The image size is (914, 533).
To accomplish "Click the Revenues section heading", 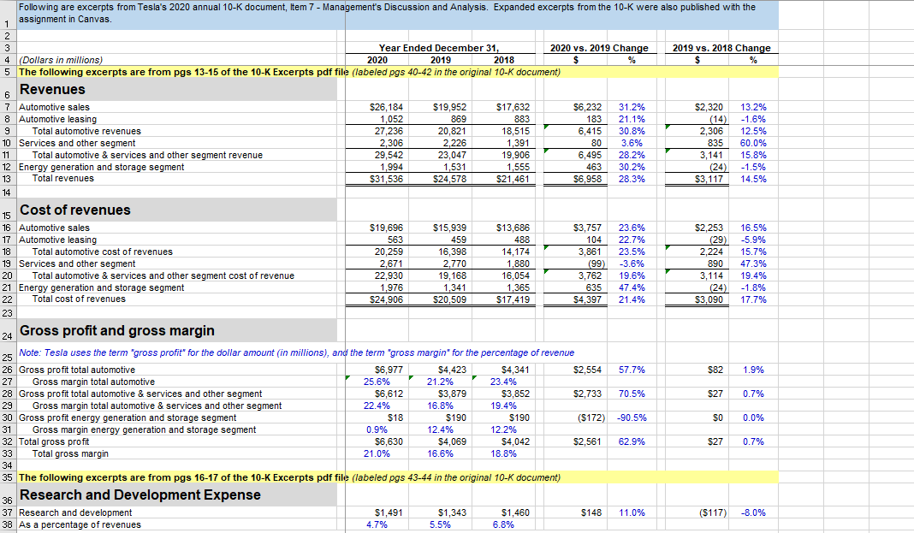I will pos(52,90).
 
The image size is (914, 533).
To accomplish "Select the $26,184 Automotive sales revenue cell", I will pos(385,107).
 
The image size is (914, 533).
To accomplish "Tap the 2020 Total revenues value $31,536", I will pos(385,179).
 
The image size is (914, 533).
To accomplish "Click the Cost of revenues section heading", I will pos(74,210).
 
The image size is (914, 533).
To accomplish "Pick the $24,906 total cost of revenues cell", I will pos(385,299).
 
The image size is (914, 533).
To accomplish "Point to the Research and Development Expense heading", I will pos(139,495).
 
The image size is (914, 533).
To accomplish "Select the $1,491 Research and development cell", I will pos(385,512).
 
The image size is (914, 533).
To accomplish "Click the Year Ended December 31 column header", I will pos(438,48).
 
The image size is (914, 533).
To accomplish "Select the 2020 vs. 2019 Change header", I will pos(598,48).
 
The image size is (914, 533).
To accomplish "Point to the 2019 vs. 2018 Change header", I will pos(721,48).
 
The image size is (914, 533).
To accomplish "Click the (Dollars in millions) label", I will pos(61,60).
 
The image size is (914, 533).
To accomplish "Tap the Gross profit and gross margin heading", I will pos(116,331).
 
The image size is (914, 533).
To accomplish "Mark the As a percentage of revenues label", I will pos(80,524).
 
